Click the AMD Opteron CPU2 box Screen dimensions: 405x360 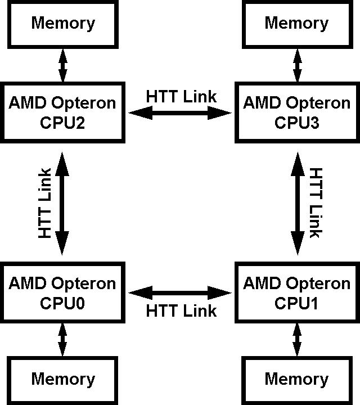coord(62,112)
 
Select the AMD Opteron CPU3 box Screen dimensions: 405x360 coord(296,112)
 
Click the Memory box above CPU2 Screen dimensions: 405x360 coord(62,24)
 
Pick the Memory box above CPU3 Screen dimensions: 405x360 coord(296,24)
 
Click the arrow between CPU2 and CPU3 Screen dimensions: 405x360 coord(180,114)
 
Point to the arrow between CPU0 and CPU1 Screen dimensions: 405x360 coord(180,292)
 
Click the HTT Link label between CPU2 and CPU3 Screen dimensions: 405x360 coord(181,97)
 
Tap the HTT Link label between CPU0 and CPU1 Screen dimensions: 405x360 coord(181,310)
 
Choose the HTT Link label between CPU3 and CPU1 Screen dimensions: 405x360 coord(316,202)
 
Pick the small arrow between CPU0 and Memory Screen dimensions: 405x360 coord(62,338)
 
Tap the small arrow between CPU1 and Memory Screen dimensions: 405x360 coord(296,338)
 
